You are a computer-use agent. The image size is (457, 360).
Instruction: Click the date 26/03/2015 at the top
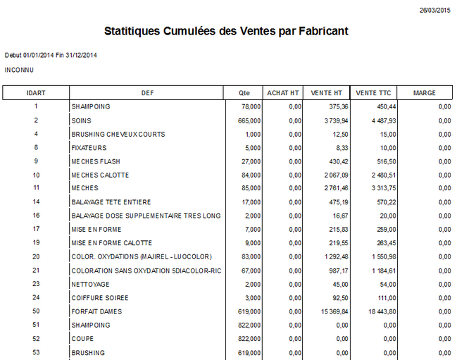click(434, 11)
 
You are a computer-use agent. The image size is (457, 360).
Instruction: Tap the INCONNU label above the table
click(19, 70)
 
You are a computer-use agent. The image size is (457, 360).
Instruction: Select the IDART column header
click(36, 93)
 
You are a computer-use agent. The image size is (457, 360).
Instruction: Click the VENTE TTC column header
click(373, 93)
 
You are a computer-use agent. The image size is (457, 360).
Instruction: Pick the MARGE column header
click(424, 93)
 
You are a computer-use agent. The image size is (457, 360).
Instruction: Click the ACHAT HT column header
click(283, 93)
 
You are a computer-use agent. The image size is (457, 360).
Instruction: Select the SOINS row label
click(82, 120)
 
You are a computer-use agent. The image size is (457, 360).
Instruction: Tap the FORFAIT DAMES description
click(96, 311)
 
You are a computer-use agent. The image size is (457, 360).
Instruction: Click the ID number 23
click(36, 284)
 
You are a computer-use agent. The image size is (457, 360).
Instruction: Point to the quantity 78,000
click(251, 107)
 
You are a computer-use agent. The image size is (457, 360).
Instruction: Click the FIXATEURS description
click(88, 148)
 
